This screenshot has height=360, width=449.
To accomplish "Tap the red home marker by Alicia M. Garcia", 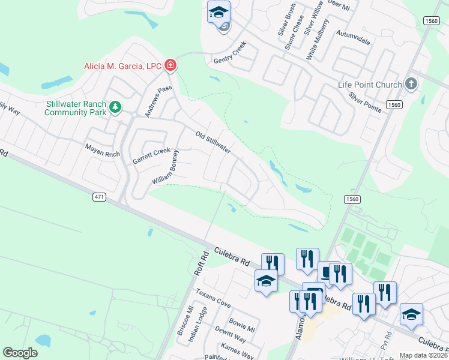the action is coord(170,65).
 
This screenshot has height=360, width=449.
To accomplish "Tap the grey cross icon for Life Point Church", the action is coord(411,84).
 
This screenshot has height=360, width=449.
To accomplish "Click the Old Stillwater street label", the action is coord(213,142).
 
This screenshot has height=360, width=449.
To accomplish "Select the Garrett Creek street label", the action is coord(151,157).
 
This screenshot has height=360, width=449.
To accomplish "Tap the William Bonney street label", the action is coord(166,166).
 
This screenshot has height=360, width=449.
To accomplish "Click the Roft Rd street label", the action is coord(199,263).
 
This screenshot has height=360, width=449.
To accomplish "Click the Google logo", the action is coord(20,353).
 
